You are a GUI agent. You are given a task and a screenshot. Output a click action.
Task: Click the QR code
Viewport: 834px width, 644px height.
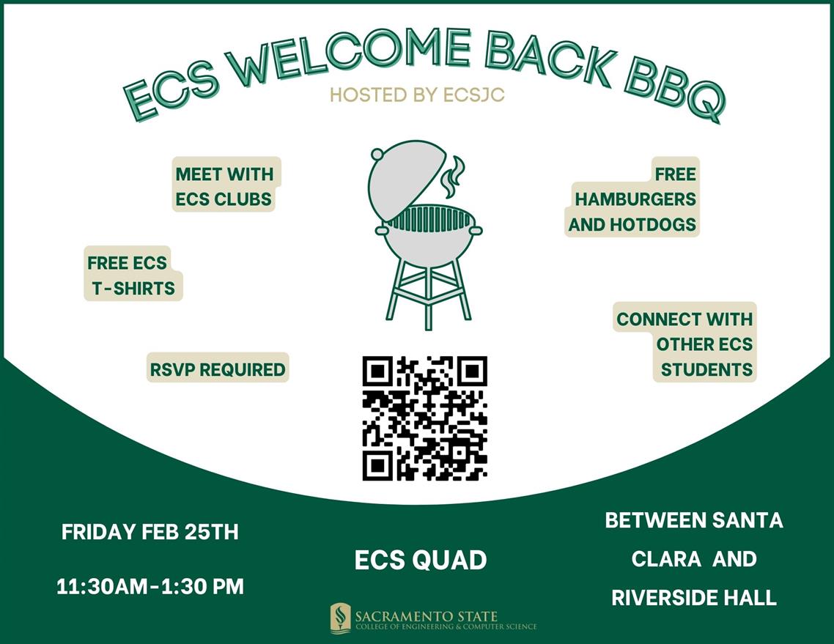[425, 418]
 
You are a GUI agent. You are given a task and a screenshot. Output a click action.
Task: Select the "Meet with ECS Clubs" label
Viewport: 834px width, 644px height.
[224, 186]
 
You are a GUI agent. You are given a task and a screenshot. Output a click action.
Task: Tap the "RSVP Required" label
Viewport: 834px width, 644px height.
[218, 369]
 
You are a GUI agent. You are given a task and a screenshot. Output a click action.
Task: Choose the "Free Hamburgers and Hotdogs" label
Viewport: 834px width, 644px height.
[633, 199]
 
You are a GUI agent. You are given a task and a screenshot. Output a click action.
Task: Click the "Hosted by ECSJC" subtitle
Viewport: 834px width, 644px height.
[417, 95]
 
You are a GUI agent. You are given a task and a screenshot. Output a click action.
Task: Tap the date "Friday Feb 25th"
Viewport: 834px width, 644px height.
[150, 531]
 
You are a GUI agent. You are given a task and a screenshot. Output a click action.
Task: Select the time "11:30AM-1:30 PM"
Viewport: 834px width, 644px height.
[150, 586]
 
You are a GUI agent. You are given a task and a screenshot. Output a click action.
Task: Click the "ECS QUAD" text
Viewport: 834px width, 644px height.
[421, 560]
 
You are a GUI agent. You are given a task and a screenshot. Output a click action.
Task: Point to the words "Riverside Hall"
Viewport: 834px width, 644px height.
[693, 596]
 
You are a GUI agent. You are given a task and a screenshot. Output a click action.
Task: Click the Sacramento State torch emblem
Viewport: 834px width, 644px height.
[340, 618]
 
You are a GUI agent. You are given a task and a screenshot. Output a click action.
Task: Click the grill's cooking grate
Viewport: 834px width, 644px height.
[429, 218]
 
